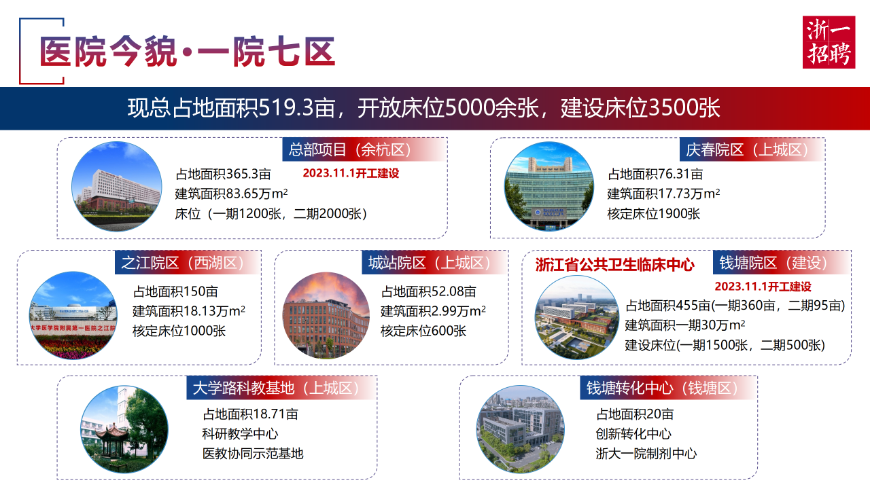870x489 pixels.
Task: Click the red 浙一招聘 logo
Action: coord(829,42)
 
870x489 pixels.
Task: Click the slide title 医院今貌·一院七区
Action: coord(187,52)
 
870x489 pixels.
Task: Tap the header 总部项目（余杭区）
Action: coord(349,150)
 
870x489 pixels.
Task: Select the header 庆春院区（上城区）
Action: coord(747,150)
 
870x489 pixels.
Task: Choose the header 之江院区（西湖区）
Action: coord(182,263)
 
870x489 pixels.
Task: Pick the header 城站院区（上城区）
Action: coord(429,263)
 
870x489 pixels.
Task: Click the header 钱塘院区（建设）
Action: coord(773,263)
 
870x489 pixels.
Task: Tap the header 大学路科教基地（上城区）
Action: coord(276,388)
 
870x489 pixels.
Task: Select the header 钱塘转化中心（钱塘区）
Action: coord(662,388)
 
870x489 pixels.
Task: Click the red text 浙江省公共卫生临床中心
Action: coord(615,265)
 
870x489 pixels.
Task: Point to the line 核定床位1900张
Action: coord(654,213)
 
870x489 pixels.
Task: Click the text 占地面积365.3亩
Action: coord(223,174)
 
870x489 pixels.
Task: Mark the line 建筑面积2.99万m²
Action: coord(433,311)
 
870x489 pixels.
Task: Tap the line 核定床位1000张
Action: coord(179,331)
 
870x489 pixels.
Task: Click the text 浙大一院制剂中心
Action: coord(646,453)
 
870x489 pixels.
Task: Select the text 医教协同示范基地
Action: coord(253,453)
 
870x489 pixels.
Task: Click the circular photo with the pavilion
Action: coord(124,429)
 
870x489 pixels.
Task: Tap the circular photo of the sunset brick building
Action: coord(326,316)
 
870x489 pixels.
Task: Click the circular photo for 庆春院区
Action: coord(549,186)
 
